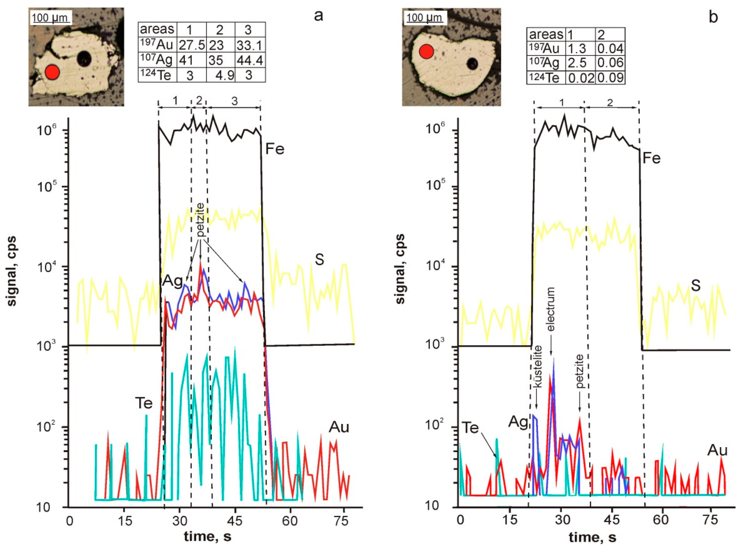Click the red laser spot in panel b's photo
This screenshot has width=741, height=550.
pos(426,52)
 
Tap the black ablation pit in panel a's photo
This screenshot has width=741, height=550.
pos(84,59)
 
